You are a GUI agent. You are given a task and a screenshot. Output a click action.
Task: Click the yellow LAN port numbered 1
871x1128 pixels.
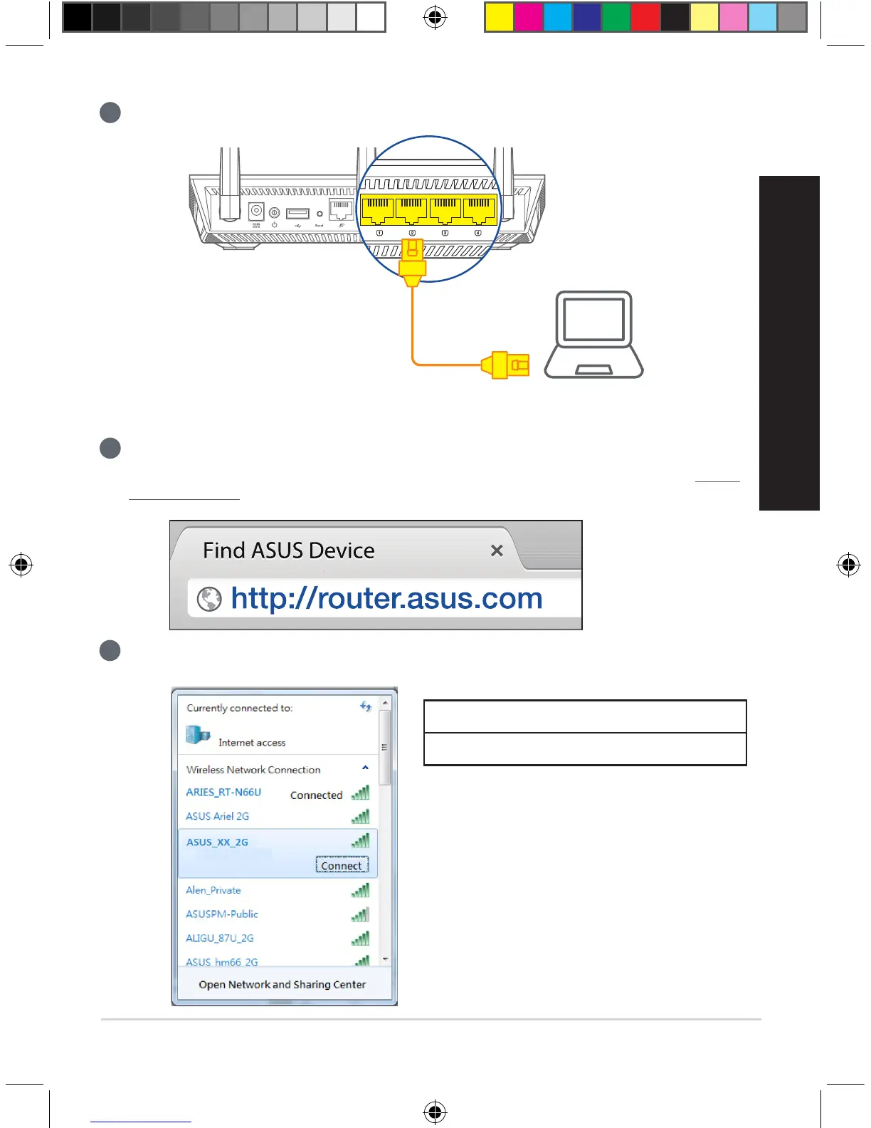point(378,210)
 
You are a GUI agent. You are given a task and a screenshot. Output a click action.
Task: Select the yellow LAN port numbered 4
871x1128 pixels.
point(480,210)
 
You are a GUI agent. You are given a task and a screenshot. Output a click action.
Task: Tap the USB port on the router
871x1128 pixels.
point(297,213)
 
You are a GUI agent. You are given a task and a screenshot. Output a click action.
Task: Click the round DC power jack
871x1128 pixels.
point(256,211)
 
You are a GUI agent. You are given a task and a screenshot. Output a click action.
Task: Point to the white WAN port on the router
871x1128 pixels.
point(342,210)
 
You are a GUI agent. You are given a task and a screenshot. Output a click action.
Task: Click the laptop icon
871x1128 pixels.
point(593,334)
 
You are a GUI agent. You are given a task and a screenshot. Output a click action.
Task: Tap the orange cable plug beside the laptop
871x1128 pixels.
point(506,365)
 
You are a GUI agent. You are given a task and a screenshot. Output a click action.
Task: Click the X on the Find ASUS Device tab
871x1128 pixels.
point(497,550)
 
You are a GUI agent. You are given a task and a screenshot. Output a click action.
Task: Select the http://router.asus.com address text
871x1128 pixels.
point(386,598)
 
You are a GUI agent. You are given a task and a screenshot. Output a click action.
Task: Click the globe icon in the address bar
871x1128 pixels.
point(209,599)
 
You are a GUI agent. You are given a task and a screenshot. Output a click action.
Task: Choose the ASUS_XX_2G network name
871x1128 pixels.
point(217,842)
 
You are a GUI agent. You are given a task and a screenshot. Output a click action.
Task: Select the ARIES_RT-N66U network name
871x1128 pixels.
point(223,793)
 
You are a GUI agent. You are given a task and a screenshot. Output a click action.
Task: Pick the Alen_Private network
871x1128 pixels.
point(213,890)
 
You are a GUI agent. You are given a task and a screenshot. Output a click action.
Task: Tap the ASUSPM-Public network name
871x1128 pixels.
point(222,914)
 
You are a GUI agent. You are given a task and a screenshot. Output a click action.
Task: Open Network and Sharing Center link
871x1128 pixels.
point(282,985)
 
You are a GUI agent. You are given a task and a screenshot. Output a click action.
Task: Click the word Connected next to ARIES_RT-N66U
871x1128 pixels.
point(316,795)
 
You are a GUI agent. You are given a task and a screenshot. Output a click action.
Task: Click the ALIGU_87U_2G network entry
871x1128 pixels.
point(220,939)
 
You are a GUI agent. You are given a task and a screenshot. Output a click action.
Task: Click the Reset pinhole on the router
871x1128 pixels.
point(320,214)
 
